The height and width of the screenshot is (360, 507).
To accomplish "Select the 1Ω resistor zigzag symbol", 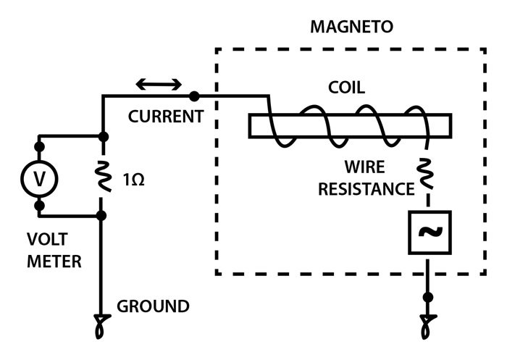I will (103, 176).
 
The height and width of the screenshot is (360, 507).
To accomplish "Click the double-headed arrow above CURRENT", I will (159, 85).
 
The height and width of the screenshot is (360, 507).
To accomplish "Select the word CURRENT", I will (165, 117).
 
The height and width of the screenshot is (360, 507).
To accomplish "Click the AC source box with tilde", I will (430, 233).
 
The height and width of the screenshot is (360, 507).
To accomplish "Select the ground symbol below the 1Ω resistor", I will (101, 327).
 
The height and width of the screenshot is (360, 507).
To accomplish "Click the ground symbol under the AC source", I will (429, 327).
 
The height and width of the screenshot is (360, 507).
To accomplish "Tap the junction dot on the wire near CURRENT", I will (193, 96).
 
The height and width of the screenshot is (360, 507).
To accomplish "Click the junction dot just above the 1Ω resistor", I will (103, 136).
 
